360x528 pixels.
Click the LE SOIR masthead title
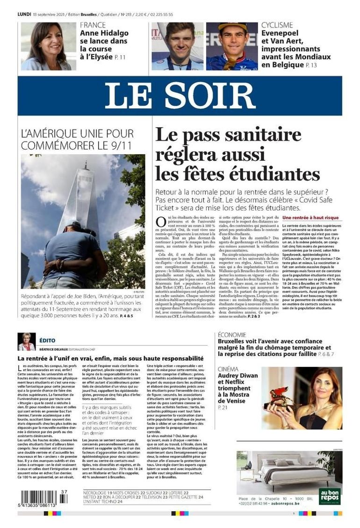[180, 96]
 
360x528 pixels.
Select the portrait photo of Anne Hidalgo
[48, 46]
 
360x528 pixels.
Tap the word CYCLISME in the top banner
[277, 25]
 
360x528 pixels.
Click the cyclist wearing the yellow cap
[232, 46]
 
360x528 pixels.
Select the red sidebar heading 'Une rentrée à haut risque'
[310, 218]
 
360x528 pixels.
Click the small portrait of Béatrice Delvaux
[26, 342]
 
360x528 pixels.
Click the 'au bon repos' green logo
[330, 496]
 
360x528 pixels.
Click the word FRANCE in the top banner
[93, 25]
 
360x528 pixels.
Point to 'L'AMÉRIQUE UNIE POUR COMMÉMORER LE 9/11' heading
[77, 139]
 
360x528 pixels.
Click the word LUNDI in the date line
[24, 14]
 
